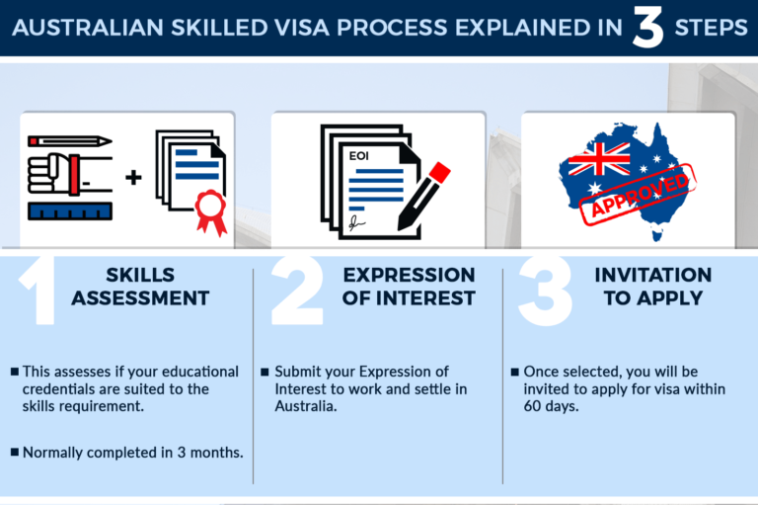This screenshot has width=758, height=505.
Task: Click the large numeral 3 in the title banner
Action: tap(647, 28)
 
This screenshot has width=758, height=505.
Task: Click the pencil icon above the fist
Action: tap(70, 141)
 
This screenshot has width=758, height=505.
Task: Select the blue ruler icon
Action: tap(70, 211)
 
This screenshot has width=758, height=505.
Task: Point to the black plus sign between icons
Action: tap(133, 177)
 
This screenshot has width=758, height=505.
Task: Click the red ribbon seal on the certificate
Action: tap(211, 211)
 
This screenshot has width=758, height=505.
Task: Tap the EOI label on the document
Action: tap(358, 156)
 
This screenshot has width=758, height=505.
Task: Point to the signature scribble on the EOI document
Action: tap(356, 222)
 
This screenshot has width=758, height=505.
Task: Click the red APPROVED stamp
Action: tap(638, 196)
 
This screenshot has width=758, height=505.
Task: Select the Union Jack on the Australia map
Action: tap(599, 159)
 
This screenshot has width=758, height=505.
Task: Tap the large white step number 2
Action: tap(297, 290)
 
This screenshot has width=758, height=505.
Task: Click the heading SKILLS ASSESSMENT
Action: tap(140, 287)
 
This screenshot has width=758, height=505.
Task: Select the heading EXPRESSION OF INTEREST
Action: tap(409, 287)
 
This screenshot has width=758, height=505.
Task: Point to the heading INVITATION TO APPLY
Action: tap(653, 287)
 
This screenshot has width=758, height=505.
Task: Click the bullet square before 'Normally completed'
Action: tap(15, 453)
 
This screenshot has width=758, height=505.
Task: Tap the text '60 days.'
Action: tap(551, 406)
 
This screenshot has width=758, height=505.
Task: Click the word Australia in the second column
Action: tap(306, 406)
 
